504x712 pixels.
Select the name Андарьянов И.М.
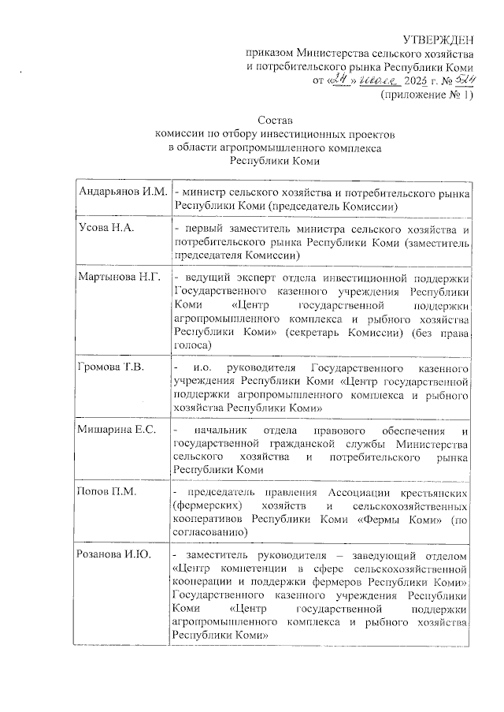122,192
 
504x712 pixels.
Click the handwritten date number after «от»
342,80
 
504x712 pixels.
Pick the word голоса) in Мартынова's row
192,345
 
